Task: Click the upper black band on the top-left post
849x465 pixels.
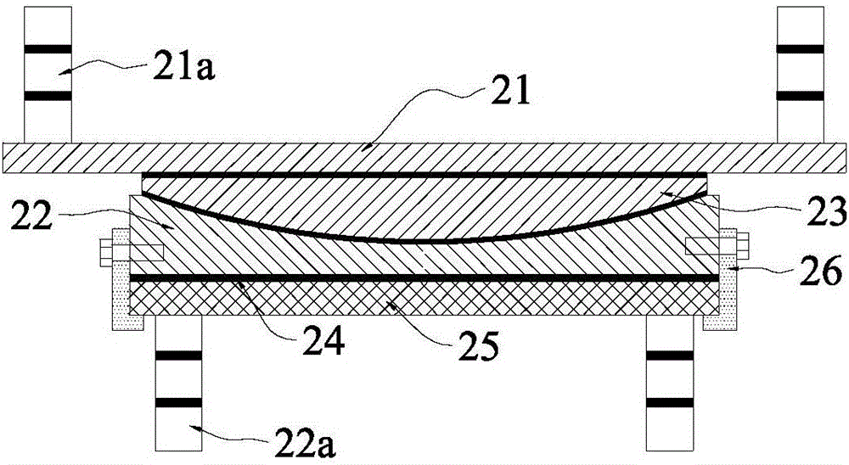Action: [x=48, y=50]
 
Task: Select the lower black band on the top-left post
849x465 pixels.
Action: [x=48, y=96]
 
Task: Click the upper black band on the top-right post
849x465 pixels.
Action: [x=801, y=50]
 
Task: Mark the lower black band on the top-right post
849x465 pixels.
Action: [x=801, y=96]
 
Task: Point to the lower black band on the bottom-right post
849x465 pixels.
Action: [x=670, y=401]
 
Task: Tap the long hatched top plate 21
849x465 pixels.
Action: [x=424, y=157]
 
